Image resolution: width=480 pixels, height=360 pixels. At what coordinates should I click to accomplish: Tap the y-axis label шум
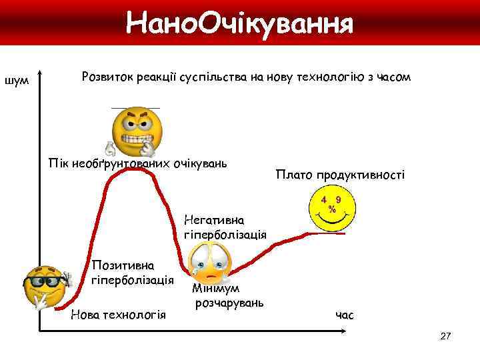pyautogui.click(x=16, y=81)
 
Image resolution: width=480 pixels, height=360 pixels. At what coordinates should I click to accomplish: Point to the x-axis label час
pyautogui.click(x=345, y=314)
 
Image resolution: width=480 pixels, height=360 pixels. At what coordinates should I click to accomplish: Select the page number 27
pyautogui.click(x=446, y=337)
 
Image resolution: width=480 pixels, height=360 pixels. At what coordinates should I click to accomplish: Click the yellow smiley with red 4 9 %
pyautogui.click(x=331, y=207)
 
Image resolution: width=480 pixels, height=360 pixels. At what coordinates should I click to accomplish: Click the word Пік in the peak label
pyautogui.click(x=59, y=163)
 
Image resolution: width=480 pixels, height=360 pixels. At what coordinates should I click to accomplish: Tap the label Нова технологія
pyautogui.click(x=117, y=314)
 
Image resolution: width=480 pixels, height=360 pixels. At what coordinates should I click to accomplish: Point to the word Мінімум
pyautogui.click(x=217, y=289)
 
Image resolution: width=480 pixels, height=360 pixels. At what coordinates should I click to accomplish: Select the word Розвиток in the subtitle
pyautogui.click(x=107, y=77)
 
